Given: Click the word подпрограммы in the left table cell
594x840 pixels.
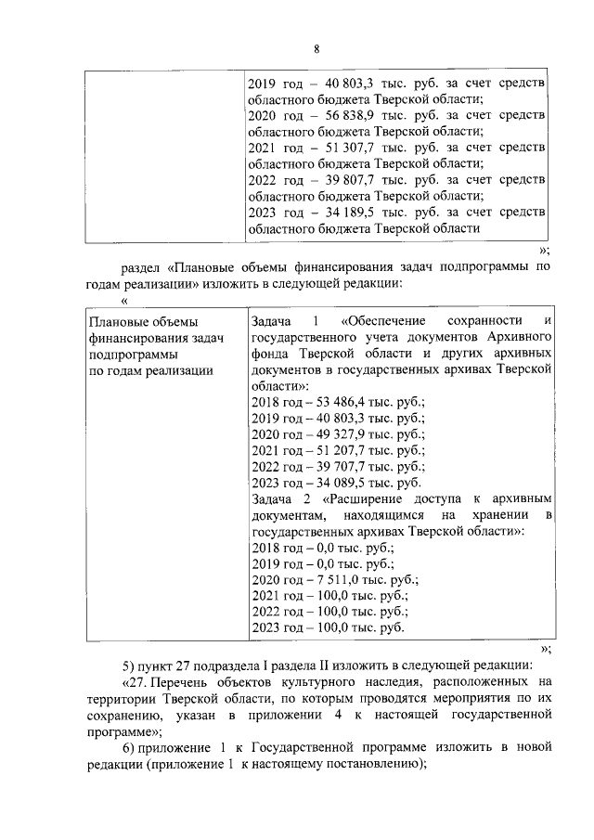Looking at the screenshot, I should click(x=128, y=354).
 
